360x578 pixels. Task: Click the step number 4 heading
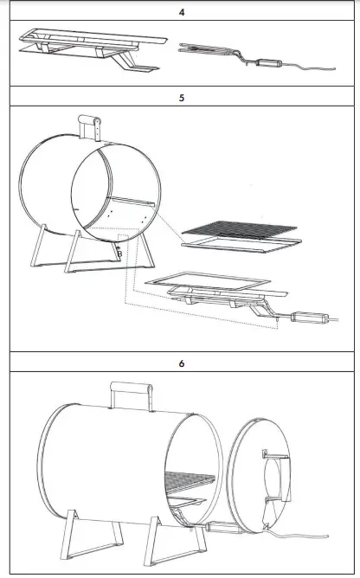181,14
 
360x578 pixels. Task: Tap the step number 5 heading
181,98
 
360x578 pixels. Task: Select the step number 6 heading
181,363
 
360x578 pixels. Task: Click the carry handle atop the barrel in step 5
90,126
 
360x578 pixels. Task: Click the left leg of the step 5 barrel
40,248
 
